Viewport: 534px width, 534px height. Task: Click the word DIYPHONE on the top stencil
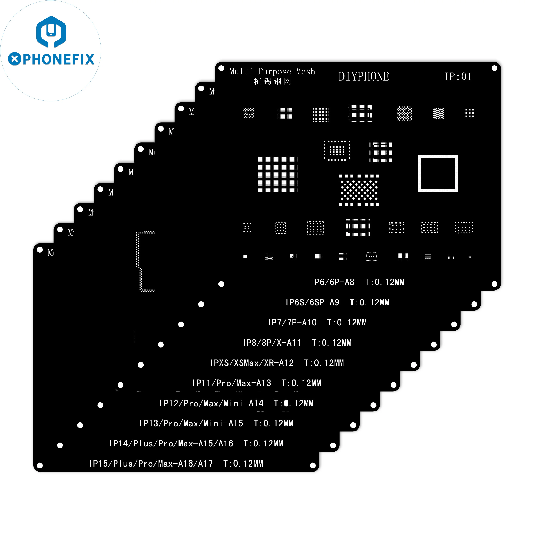[363, 77]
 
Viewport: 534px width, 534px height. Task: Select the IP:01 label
[458, 77]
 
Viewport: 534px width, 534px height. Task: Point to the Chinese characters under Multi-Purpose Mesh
[272, 81]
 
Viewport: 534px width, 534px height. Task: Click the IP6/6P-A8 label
[332, 282]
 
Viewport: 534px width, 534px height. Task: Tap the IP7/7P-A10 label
[292, 323]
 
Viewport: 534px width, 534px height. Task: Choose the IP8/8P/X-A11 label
[272, 343]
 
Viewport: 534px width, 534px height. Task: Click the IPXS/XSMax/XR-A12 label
[252, 363]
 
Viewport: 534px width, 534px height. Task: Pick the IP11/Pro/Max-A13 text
[232, 383]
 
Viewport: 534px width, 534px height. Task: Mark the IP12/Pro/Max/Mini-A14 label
[211, 403]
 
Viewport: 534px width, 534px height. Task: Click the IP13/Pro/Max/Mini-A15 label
[191, 423]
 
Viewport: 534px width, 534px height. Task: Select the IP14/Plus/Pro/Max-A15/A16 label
[171, 443]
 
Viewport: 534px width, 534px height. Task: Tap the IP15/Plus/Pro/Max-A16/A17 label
[151, 464]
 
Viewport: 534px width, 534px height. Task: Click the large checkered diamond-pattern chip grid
[359, 190]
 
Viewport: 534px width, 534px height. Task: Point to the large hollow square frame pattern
[438, 174]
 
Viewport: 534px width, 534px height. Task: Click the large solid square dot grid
[278, 174]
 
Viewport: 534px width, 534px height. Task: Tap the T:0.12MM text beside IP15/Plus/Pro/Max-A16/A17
[243, 464]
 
